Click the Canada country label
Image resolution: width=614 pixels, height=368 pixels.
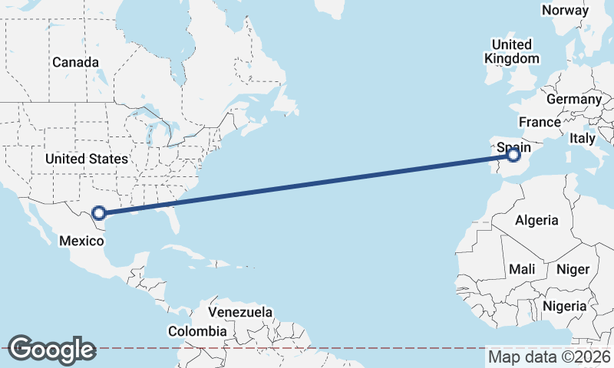[75, 62]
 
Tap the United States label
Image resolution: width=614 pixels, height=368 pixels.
[86, 159]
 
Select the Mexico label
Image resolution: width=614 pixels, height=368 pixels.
[81, 241]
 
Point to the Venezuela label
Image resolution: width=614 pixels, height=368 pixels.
[240, 313]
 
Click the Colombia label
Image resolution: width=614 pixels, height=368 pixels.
[197, 331]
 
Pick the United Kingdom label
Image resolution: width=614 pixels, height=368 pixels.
[512, 51]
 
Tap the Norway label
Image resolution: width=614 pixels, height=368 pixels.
[566, 10]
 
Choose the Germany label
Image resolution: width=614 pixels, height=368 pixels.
[574, 100]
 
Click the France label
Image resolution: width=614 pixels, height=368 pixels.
[540, 122]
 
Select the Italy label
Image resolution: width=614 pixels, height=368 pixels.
[582, 139]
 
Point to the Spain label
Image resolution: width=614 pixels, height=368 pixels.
[513, 145]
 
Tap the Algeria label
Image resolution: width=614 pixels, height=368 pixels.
[536, 220]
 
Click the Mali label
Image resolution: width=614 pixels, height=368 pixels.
[522, 269]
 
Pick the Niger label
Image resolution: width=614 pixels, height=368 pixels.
[572, 269]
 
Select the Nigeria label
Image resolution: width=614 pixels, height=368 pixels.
[564, 306]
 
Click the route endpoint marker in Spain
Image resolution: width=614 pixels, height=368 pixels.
[514, 156]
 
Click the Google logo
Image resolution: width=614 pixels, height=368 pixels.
[51, 350]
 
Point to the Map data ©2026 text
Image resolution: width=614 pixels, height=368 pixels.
[550, 356]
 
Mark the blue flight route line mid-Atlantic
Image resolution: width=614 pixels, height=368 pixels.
[307, 185]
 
